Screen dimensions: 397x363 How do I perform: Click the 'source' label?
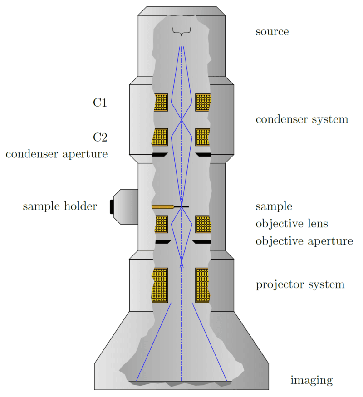(x=272, y=32)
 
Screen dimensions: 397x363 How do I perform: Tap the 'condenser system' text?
(x=302, y=119)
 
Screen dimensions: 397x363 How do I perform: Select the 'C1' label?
(x=100, y=103)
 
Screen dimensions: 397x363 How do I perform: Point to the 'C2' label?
(x=100, y=137)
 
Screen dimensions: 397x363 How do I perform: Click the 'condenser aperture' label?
(x=57, y=154)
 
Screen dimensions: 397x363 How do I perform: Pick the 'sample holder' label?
(x=59, y=207)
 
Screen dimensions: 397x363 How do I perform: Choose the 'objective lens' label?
(x=291, y=224)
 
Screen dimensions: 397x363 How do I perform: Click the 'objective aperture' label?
(x=304, y=241)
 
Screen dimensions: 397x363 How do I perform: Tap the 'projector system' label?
(x=300, y=285)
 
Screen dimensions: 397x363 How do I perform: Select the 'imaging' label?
(x=311, y=380)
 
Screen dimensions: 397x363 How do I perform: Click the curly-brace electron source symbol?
(x=181, y=31)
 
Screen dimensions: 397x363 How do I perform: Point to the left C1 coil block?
(x=161, y=103)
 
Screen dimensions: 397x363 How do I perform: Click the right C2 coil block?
(x=202, y=137)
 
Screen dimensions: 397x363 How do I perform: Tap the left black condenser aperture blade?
(x=160, y=155)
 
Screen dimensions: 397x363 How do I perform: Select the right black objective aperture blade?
(x=202, y=241)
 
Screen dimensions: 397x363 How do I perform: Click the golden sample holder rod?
(x=162, y=207)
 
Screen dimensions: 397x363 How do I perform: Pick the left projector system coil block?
(x=160, y=285)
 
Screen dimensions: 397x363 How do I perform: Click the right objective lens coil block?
(x=202, y=224)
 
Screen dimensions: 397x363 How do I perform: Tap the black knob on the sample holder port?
(x=112, y=206)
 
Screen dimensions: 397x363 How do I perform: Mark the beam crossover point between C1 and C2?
(x=181, y=120)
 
